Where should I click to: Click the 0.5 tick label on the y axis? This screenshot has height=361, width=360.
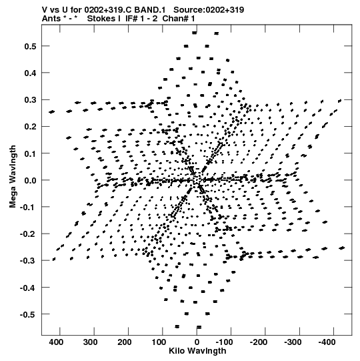(31, 47)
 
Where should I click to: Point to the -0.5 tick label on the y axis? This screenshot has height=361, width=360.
(28, 314)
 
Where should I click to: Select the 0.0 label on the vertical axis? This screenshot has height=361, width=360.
(31, 180)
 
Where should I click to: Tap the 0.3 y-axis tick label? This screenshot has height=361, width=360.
(31, 100)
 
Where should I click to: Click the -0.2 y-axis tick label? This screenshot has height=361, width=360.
(28, 234)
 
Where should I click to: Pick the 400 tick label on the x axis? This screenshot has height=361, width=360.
(56, 342)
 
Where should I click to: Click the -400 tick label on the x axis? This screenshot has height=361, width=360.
(327, 342)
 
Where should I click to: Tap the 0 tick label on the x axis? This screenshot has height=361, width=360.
(197, 342)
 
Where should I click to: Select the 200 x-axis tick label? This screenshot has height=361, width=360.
(125, 342)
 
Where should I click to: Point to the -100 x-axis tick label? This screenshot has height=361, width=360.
(224, 342)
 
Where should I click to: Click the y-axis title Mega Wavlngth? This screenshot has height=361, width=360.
(13, 177)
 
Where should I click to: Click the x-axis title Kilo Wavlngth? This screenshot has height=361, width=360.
(197, 352)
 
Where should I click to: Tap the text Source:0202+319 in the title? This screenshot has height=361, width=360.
(209, 10)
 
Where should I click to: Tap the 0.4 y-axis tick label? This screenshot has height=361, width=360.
(31, 73)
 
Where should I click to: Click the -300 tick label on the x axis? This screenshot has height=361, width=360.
(293, 342)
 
